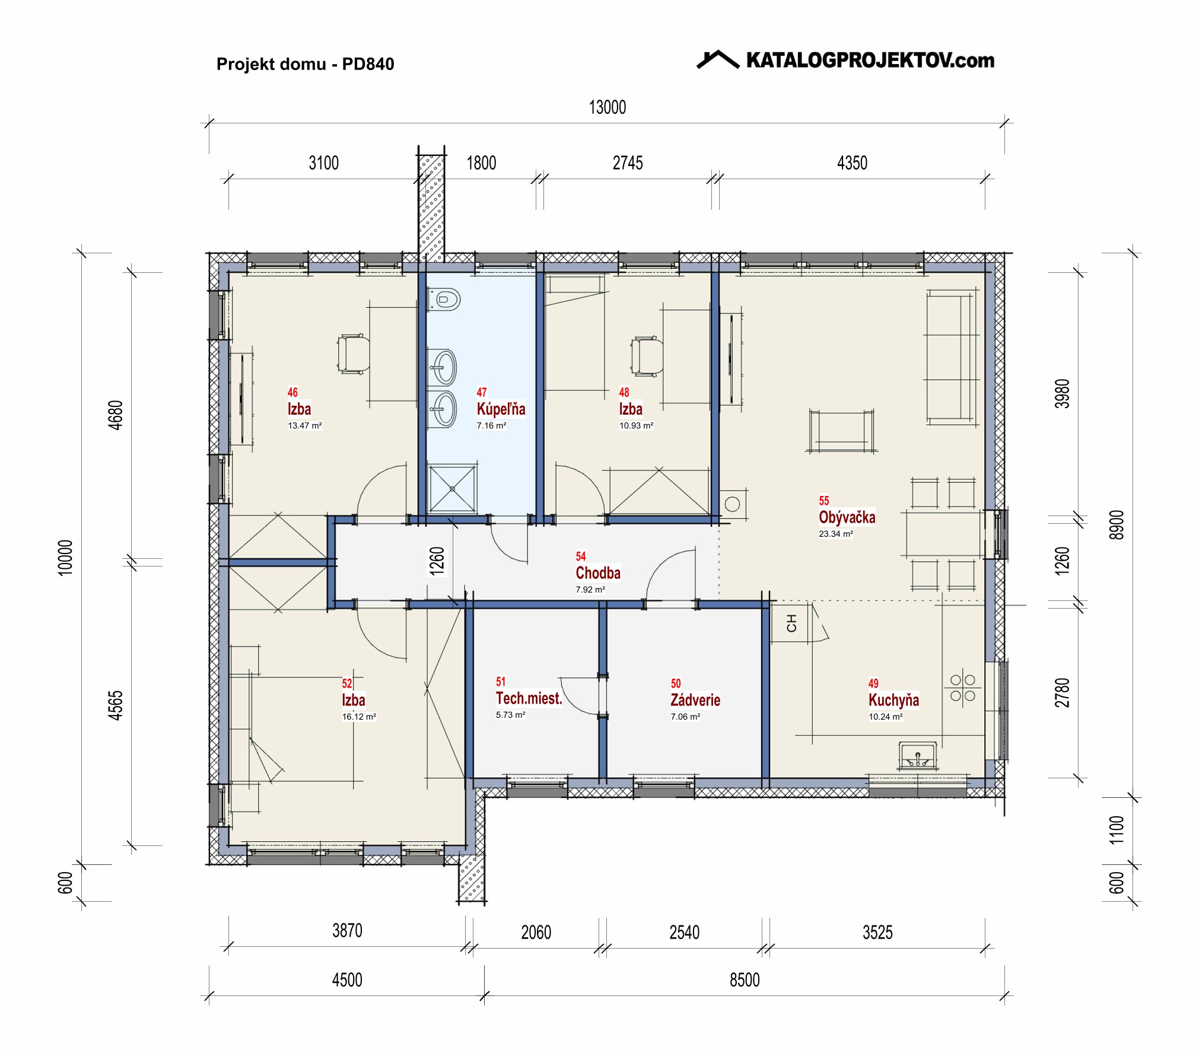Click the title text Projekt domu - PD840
click(305, 64)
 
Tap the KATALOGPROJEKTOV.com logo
click(845, 60)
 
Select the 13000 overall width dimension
click(607, 107)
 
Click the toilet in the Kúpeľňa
click(444, 299)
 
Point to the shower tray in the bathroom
click(452, 489)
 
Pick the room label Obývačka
click(847, 517)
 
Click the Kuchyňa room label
click(893, 700)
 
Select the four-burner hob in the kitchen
click(962, 688)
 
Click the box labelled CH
click(790, 623)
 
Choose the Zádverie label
click(695, 700)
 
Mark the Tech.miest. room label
click(529, 698)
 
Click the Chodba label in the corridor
click(598, 573)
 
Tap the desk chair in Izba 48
click(647, 356)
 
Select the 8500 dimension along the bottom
click(745, 980)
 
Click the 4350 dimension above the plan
click(852, 163)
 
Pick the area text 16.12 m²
click(359, 717)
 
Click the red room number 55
click(824, 501)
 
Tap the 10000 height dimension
click(65, 558)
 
